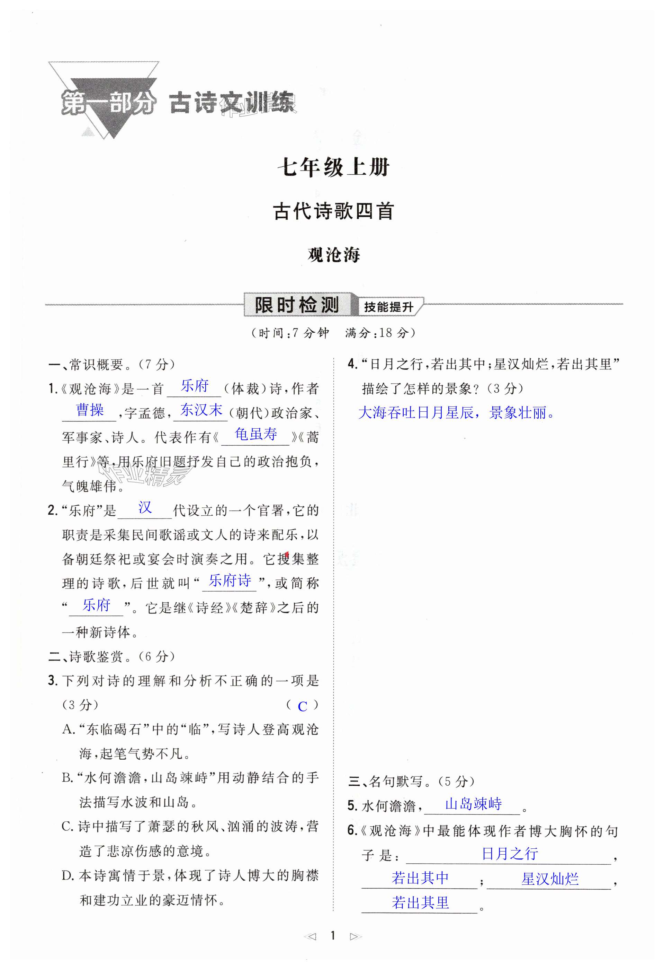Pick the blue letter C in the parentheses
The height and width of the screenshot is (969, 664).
(303, 706)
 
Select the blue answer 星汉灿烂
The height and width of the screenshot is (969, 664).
(550, 879)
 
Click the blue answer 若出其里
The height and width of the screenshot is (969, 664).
(420, 903)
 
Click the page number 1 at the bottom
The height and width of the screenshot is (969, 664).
(332, 935)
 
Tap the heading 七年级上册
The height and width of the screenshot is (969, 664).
(333, 168)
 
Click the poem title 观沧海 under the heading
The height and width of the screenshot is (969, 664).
(334, 255)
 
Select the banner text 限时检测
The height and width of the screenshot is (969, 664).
(297, 306)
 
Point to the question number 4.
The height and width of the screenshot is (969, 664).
(352, 365)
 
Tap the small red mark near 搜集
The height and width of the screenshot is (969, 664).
(287, 554)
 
